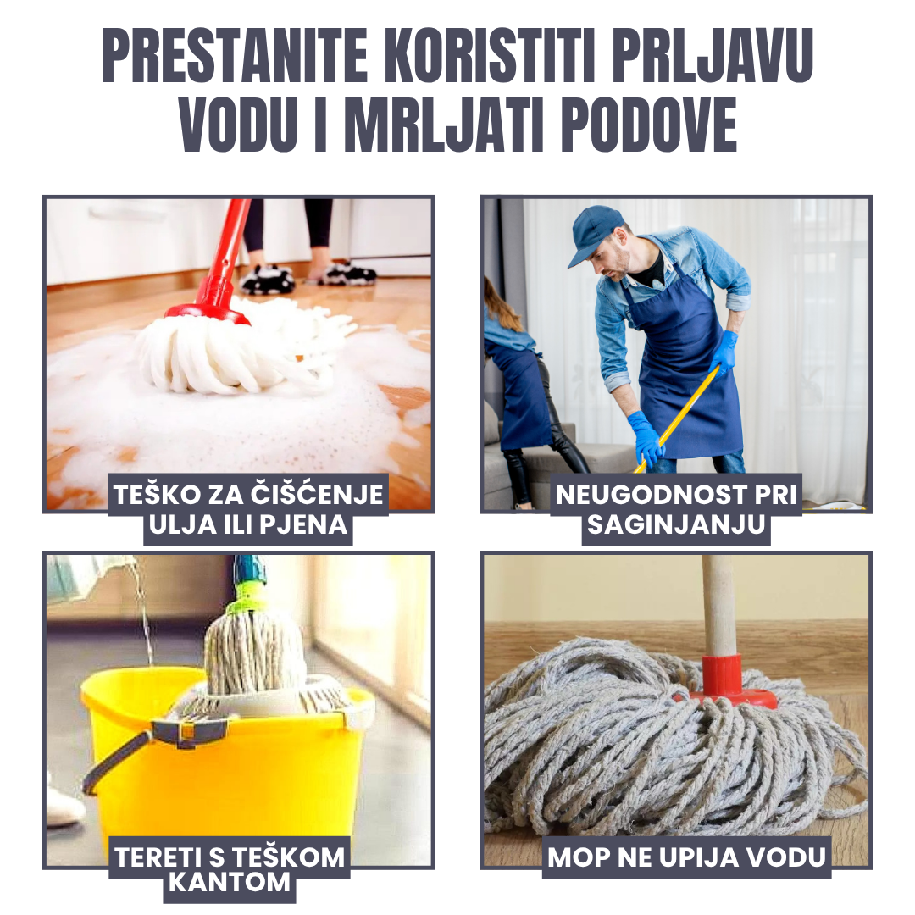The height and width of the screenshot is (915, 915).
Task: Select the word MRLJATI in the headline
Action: coord(444,125)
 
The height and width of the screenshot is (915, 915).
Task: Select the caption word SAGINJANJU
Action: coord(676,524)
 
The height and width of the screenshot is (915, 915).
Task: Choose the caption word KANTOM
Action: coord(230,882)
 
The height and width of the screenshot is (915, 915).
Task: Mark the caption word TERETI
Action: coord(158,857)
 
